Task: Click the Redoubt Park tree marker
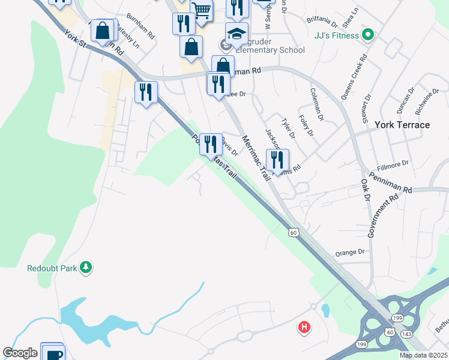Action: (86, 268)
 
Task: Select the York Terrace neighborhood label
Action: (402, 125)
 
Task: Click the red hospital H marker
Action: (305, 328)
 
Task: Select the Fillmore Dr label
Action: (393, 163)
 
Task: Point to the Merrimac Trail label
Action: (256, 160)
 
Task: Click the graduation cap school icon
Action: (237, 34)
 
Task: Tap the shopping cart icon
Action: (202, 10)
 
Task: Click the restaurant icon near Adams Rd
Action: (277, 160)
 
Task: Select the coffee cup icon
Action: (52, 353)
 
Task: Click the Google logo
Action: (20, 353)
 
